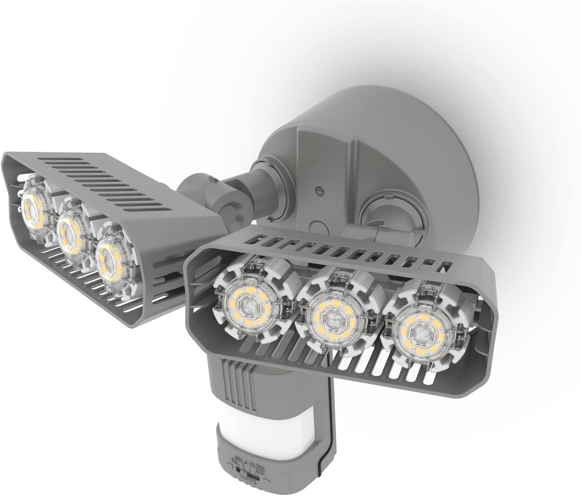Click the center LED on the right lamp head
click(329, 318)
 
